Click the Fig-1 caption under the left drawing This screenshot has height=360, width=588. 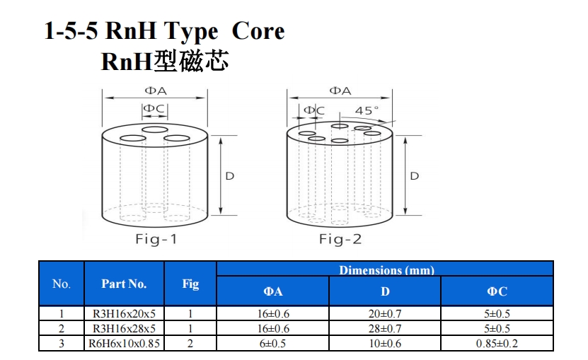156,238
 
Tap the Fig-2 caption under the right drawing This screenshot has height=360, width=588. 340,238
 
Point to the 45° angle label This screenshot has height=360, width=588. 367,110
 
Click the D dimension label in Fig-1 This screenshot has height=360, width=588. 229,176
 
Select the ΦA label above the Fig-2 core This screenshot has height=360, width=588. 340,91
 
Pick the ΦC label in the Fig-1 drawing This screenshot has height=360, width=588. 154,109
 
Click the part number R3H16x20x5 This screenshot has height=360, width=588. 124,313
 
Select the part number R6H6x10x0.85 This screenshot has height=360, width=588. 124,343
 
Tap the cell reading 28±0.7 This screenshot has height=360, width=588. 385,328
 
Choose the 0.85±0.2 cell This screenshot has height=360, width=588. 497,343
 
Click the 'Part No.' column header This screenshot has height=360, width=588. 124,284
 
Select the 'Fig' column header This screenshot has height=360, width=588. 190,284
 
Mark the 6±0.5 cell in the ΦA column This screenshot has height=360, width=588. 272,343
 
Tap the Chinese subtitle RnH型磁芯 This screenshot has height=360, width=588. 164,61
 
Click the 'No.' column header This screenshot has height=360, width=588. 62,284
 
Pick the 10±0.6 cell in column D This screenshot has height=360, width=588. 385,343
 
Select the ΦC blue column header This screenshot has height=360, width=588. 497,291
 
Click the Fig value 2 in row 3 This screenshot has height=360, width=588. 190,343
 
